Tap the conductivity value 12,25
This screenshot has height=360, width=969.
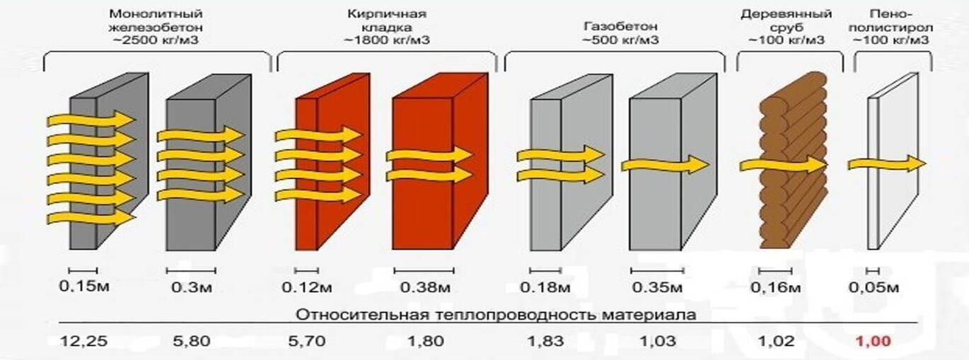(84, 342)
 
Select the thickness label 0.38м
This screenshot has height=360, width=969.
(425, 287)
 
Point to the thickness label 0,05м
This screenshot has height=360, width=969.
(874, 287)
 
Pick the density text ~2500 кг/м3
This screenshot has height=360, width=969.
(156, 40)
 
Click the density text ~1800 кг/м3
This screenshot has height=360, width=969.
(387, 40)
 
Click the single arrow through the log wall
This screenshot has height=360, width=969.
(783, 165)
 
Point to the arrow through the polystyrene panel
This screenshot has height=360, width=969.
(887, 164)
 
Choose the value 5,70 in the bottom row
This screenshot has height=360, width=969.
(307, 342)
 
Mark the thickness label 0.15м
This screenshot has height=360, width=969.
(84, 286)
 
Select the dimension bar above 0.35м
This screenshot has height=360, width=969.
(657, 271)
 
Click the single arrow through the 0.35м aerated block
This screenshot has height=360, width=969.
(666, 165)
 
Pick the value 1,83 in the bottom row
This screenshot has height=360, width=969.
(545, 342)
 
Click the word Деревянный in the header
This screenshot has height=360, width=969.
(786, 14)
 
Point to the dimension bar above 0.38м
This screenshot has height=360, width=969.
(424, 271)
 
